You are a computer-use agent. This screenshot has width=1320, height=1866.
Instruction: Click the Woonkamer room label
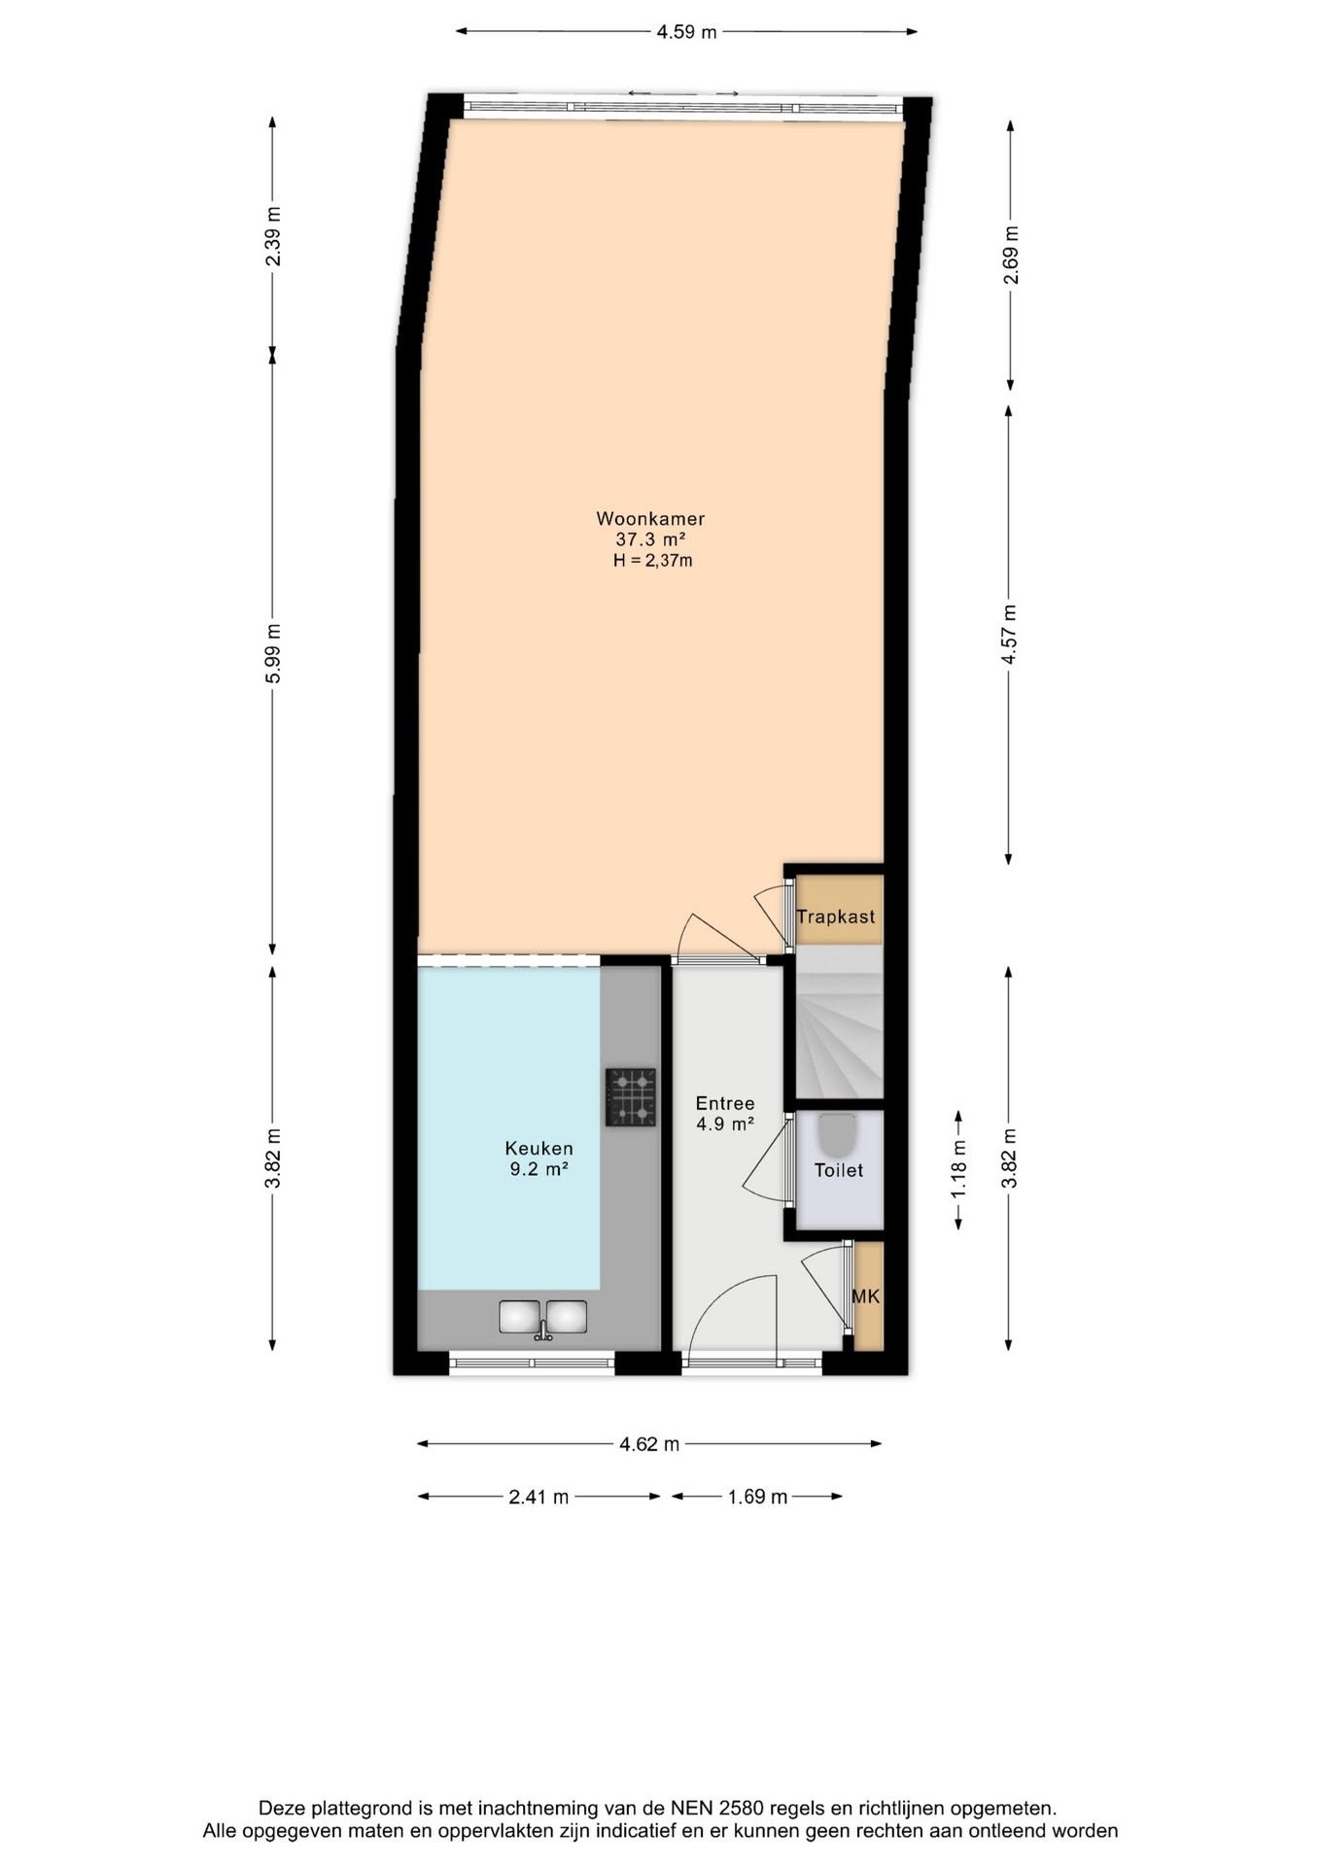point(650,519)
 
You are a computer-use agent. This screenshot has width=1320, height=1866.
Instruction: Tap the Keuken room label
point(539,1149)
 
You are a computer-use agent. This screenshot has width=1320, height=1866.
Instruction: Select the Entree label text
point(725,1103)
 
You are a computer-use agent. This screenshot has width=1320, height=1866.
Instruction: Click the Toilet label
point(839,1170)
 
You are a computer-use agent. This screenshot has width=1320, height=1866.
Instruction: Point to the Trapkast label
point(836,916)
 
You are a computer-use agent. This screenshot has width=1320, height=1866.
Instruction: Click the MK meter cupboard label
point(866,1296)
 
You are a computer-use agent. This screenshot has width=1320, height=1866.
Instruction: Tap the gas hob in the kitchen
point(631,1097)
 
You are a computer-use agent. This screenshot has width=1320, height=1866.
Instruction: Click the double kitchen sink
point(543,1318)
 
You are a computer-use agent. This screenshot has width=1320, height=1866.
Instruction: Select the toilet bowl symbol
point(838,1134)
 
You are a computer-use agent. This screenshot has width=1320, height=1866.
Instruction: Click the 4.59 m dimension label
point(686,32)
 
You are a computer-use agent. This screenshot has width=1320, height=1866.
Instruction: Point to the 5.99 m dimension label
point(274,653)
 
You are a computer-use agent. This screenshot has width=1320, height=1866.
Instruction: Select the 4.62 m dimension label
point(649,1444)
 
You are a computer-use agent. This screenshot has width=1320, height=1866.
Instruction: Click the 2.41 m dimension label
point(538,1497)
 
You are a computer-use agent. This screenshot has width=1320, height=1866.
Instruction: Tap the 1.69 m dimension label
point(757,1497)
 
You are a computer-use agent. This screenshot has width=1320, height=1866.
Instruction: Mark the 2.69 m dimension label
point(1012,255)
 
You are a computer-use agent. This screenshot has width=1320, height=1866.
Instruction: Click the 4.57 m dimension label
point(1010,635)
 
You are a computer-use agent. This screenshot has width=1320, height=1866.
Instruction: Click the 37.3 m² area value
point(651,539)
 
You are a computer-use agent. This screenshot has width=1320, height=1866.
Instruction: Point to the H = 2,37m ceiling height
point(652,561)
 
